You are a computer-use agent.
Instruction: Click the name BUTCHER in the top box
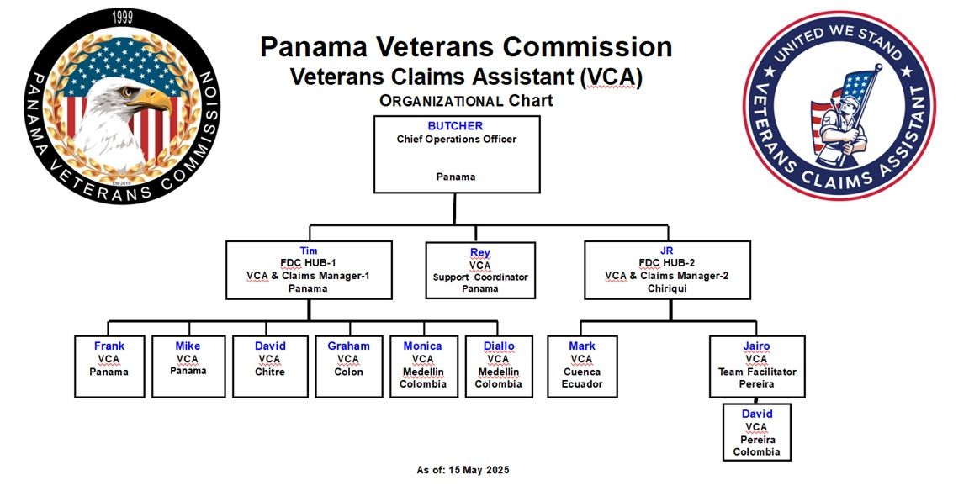[x=455, y=126]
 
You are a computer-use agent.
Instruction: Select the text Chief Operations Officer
[x=457, y=139]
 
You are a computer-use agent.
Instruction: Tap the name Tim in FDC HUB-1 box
[x=309, y=251]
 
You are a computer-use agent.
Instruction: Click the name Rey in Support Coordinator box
[x=480, y=253]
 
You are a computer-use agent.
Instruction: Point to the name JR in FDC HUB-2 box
[x=667, y=251]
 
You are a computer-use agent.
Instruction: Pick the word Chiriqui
[x=667, y=288]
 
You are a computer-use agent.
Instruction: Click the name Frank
[x=109, y=346]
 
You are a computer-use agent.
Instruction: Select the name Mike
[x=188, y=346]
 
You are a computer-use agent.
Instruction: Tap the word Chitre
[x=270, y=372]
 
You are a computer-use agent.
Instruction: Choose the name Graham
[x=348, y=346]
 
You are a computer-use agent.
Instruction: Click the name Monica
[x=423, y=346]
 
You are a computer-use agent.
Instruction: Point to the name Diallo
[x=499, y=346]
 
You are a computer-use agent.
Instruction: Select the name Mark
[x=582, y=346]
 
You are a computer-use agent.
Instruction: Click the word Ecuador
[x=582, y=383]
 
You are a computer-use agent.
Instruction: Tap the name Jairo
[x=756, y=346]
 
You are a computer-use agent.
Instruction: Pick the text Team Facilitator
[x=757, y=372]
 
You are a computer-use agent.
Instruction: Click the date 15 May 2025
[x=475, y=470]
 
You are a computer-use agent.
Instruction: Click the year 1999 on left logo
[x=122, y=18]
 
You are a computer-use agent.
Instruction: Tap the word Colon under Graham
[x=348, y=372]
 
